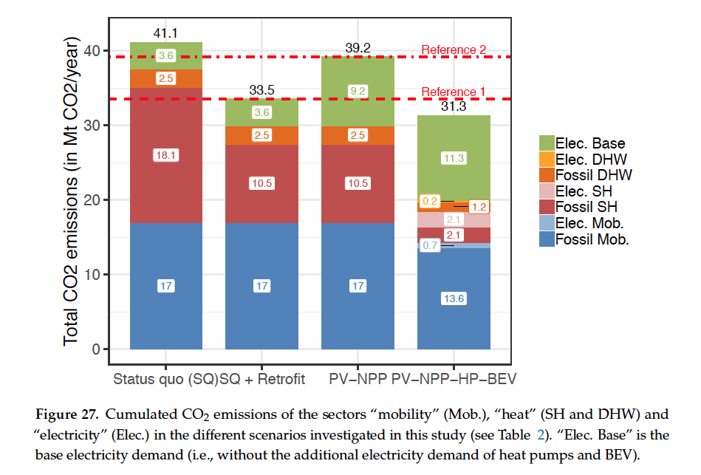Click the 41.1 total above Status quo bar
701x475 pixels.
(x=165, y=33)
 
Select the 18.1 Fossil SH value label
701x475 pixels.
(x=165, y=155)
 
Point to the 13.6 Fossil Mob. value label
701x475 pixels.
(x=454, y=298)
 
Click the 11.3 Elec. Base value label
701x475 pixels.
(x=454, y=157)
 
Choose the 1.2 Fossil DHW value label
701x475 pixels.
(x=479, y=207)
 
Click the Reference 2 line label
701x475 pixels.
(x=454, y=50)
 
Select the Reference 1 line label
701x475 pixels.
(x=454, y=92)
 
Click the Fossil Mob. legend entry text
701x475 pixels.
(x=592, y=239)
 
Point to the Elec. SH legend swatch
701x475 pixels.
(x=547, y=191)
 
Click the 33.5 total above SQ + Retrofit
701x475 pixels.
(x=261, y=91)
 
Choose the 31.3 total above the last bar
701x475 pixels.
(x=454, y=107)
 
